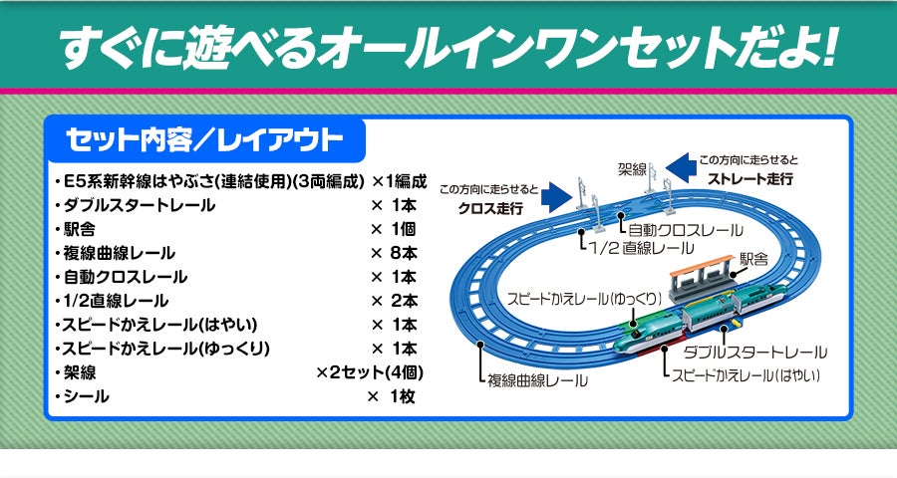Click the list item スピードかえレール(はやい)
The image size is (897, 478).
[160, 325]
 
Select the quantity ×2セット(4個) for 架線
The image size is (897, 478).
[371, 372]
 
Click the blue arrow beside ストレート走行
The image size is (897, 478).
[681, 166]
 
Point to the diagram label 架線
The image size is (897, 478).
[632, 168]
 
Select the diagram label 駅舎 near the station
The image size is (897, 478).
[753, 259]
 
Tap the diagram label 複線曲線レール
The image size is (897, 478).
[537, 379]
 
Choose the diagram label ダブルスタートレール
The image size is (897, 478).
[754, 353]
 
